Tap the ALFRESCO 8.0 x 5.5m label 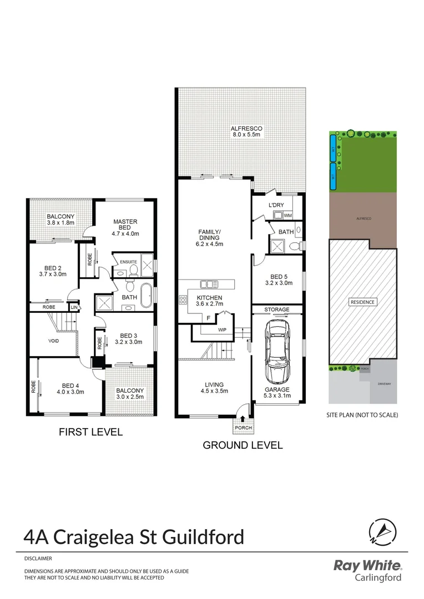point(246,131)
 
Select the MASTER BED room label point(125,225)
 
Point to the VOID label point(53,341)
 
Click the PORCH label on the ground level point(244,428)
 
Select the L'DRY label point(276,205)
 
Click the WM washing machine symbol point(287,214)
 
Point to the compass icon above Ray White point(382,532)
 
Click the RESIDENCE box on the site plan point(363,302)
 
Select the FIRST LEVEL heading point(90,432)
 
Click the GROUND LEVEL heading point(243,445)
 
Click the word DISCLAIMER point(38,559)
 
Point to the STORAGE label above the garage point(277,309)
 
